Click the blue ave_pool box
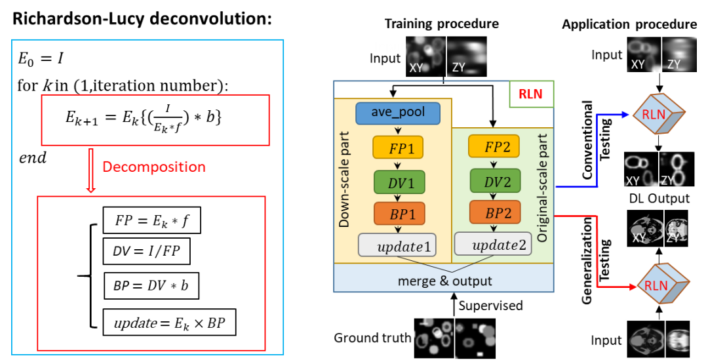397,113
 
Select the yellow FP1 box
398,148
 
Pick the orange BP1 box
399,214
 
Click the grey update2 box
493,245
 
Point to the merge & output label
444,281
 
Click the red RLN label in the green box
530,94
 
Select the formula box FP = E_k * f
151,220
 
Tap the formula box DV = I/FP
146,251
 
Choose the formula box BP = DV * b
151,285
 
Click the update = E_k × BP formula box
169,322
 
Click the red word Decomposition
154,167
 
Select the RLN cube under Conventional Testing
658,114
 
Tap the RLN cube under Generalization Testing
662,285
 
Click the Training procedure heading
442,24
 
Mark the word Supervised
490,306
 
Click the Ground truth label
372,338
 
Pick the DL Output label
659,198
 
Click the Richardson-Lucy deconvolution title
142,20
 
